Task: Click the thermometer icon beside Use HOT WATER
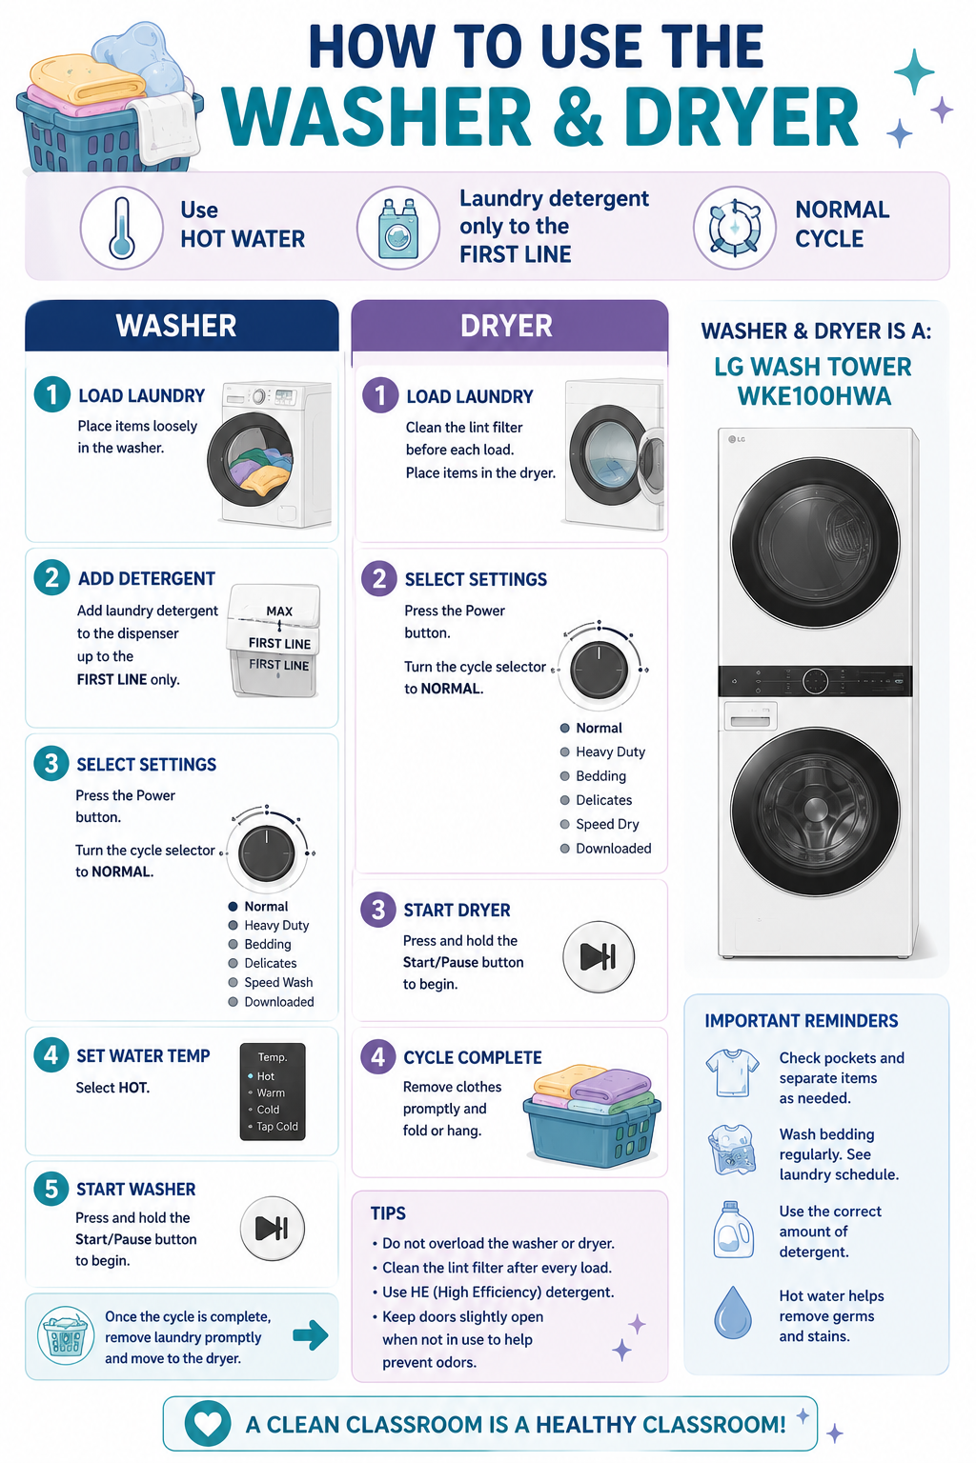122,229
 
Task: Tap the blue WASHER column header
182,325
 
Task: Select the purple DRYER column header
509,325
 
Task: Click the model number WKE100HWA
814,396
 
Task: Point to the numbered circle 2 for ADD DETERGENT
51,577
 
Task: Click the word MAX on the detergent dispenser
279,611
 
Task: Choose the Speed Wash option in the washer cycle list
278,982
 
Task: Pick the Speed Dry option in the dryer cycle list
607,824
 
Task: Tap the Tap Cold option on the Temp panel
276,1126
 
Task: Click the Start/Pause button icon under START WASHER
273,1228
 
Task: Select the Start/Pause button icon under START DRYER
599,957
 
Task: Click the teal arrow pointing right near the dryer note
311,1335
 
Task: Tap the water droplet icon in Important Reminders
732,1313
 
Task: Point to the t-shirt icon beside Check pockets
732,1072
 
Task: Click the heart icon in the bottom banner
208,1424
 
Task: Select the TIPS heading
388,1212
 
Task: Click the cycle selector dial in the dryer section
599,670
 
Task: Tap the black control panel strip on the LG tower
815,681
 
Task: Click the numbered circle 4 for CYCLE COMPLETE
377,1056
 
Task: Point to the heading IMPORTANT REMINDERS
802,1021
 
